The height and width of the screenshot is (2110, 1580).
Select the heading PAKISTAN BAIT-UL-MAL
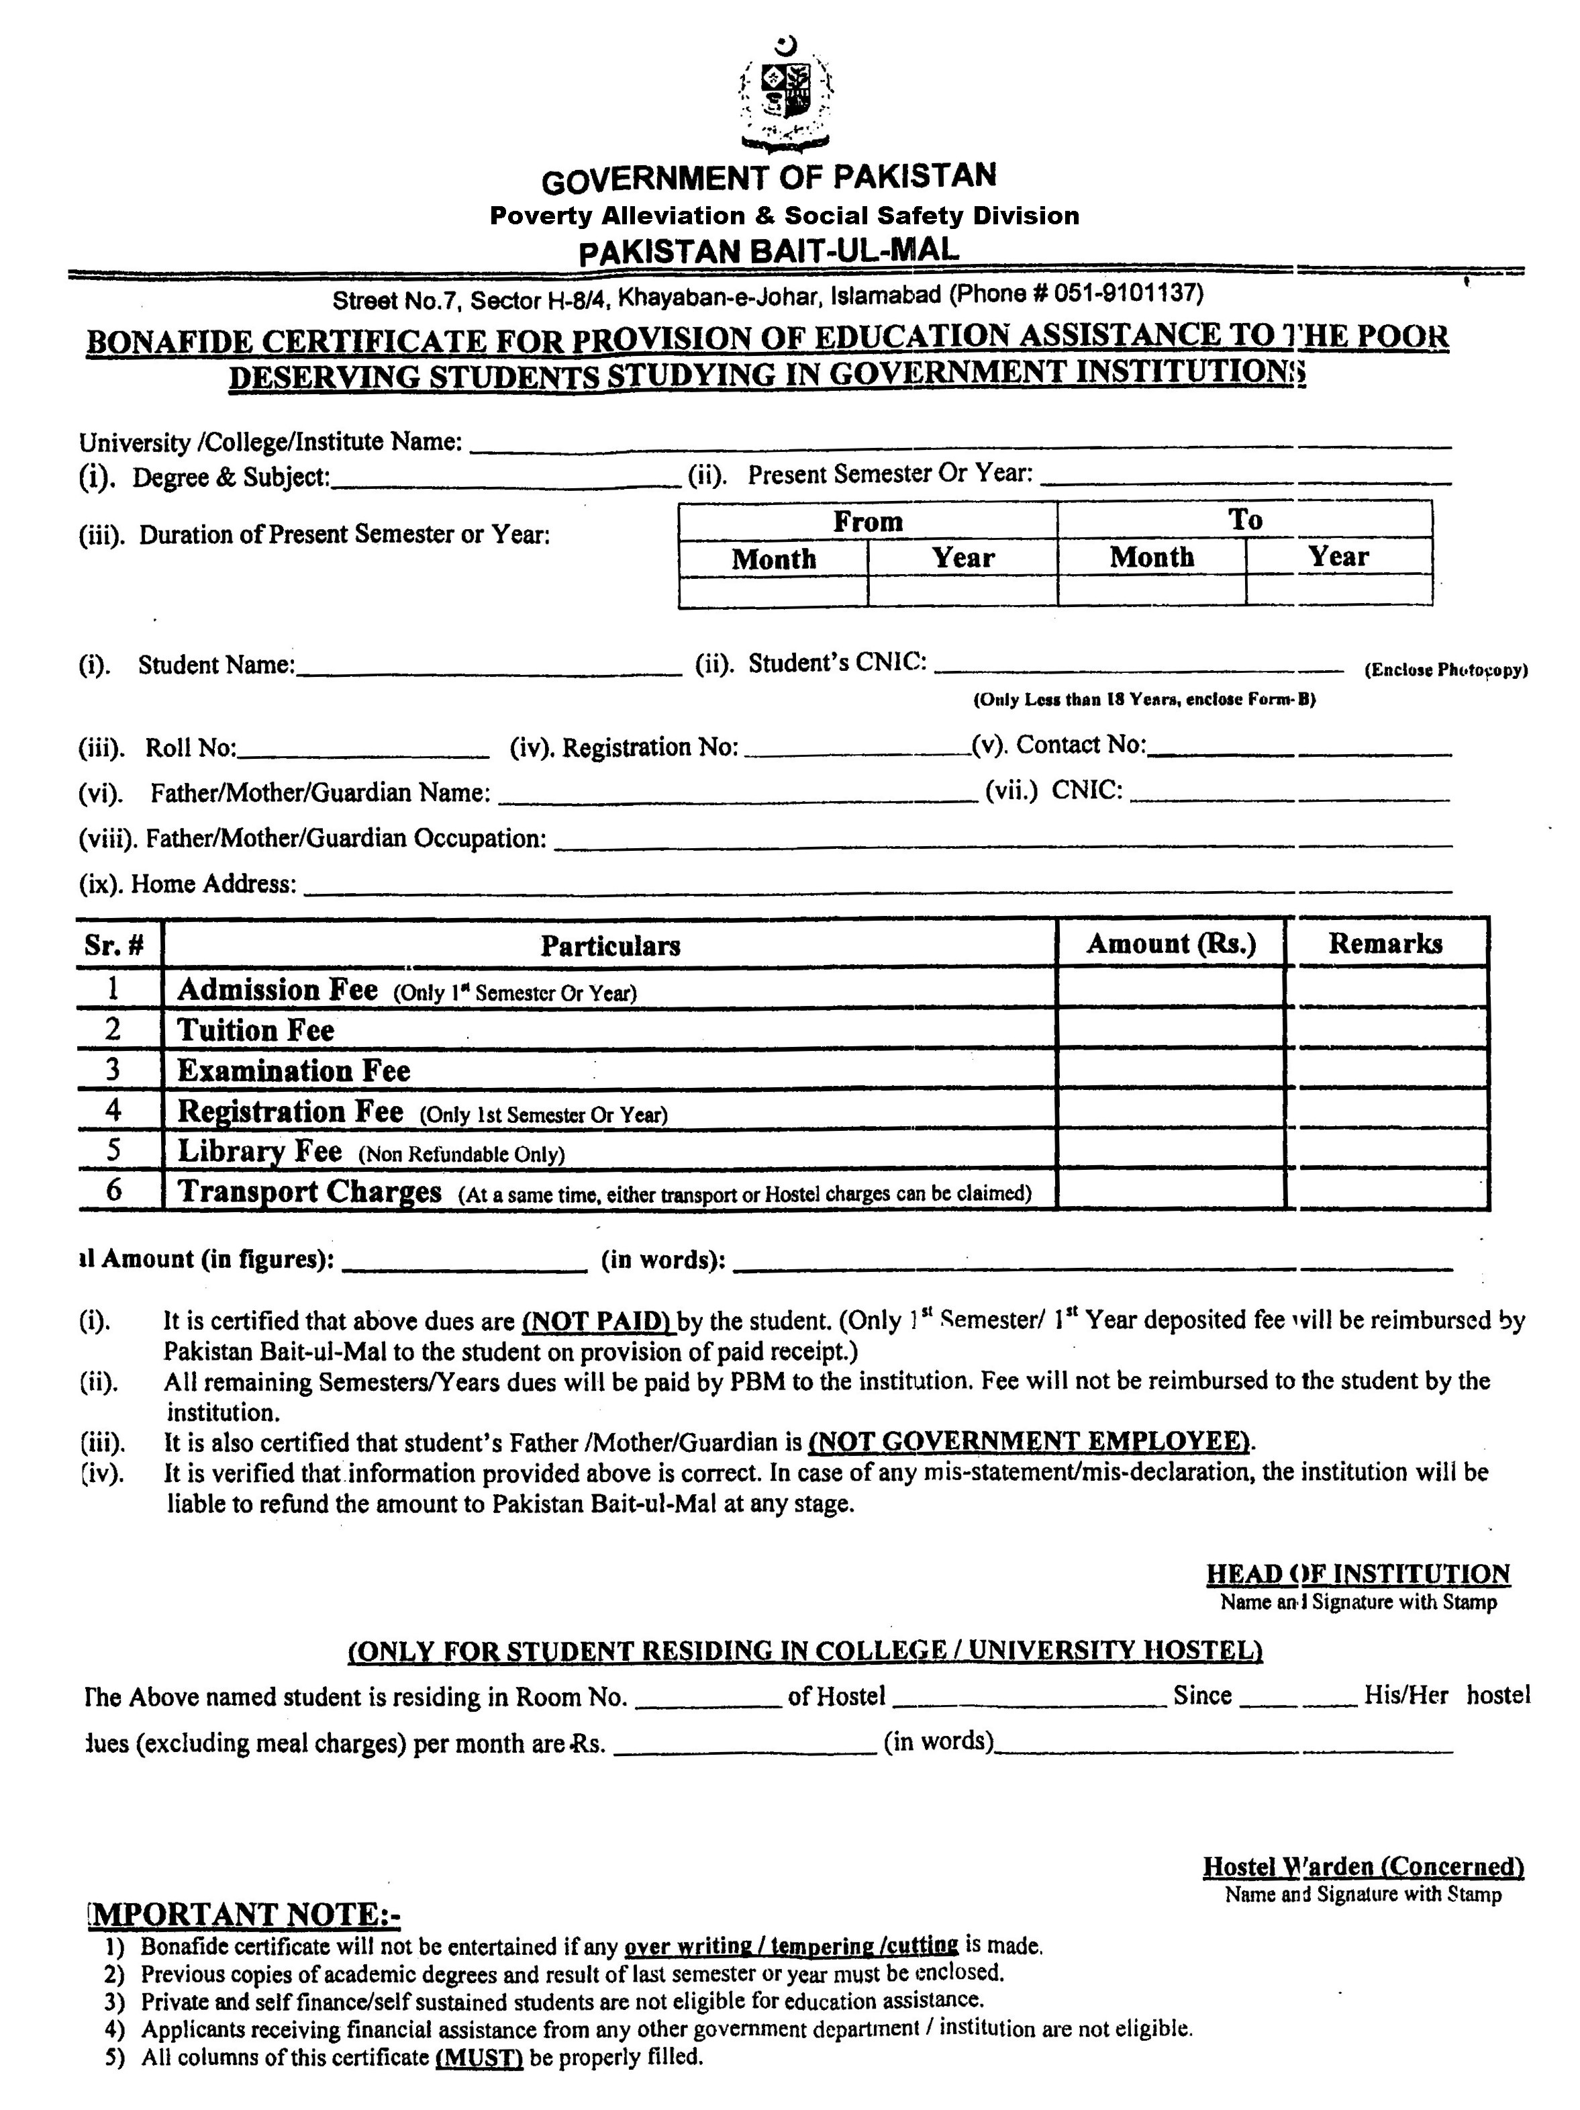coord(769,251)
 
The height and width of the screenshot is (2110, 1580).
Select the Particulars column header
coord(610,946)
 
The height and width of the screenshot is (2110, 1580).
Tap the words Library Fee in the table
coord(259,1151)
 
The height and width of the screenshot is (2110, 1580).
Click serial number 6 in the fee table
coord(114,1191)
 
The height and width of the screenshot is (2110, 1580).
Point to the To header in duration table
coord(1244,520)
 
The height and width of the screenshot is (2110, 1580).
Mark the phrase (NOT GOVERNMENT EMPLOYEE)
coord(1030,1440)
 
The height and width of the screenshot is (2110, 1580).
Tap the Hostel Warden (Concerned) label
coord(1363,1867)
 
